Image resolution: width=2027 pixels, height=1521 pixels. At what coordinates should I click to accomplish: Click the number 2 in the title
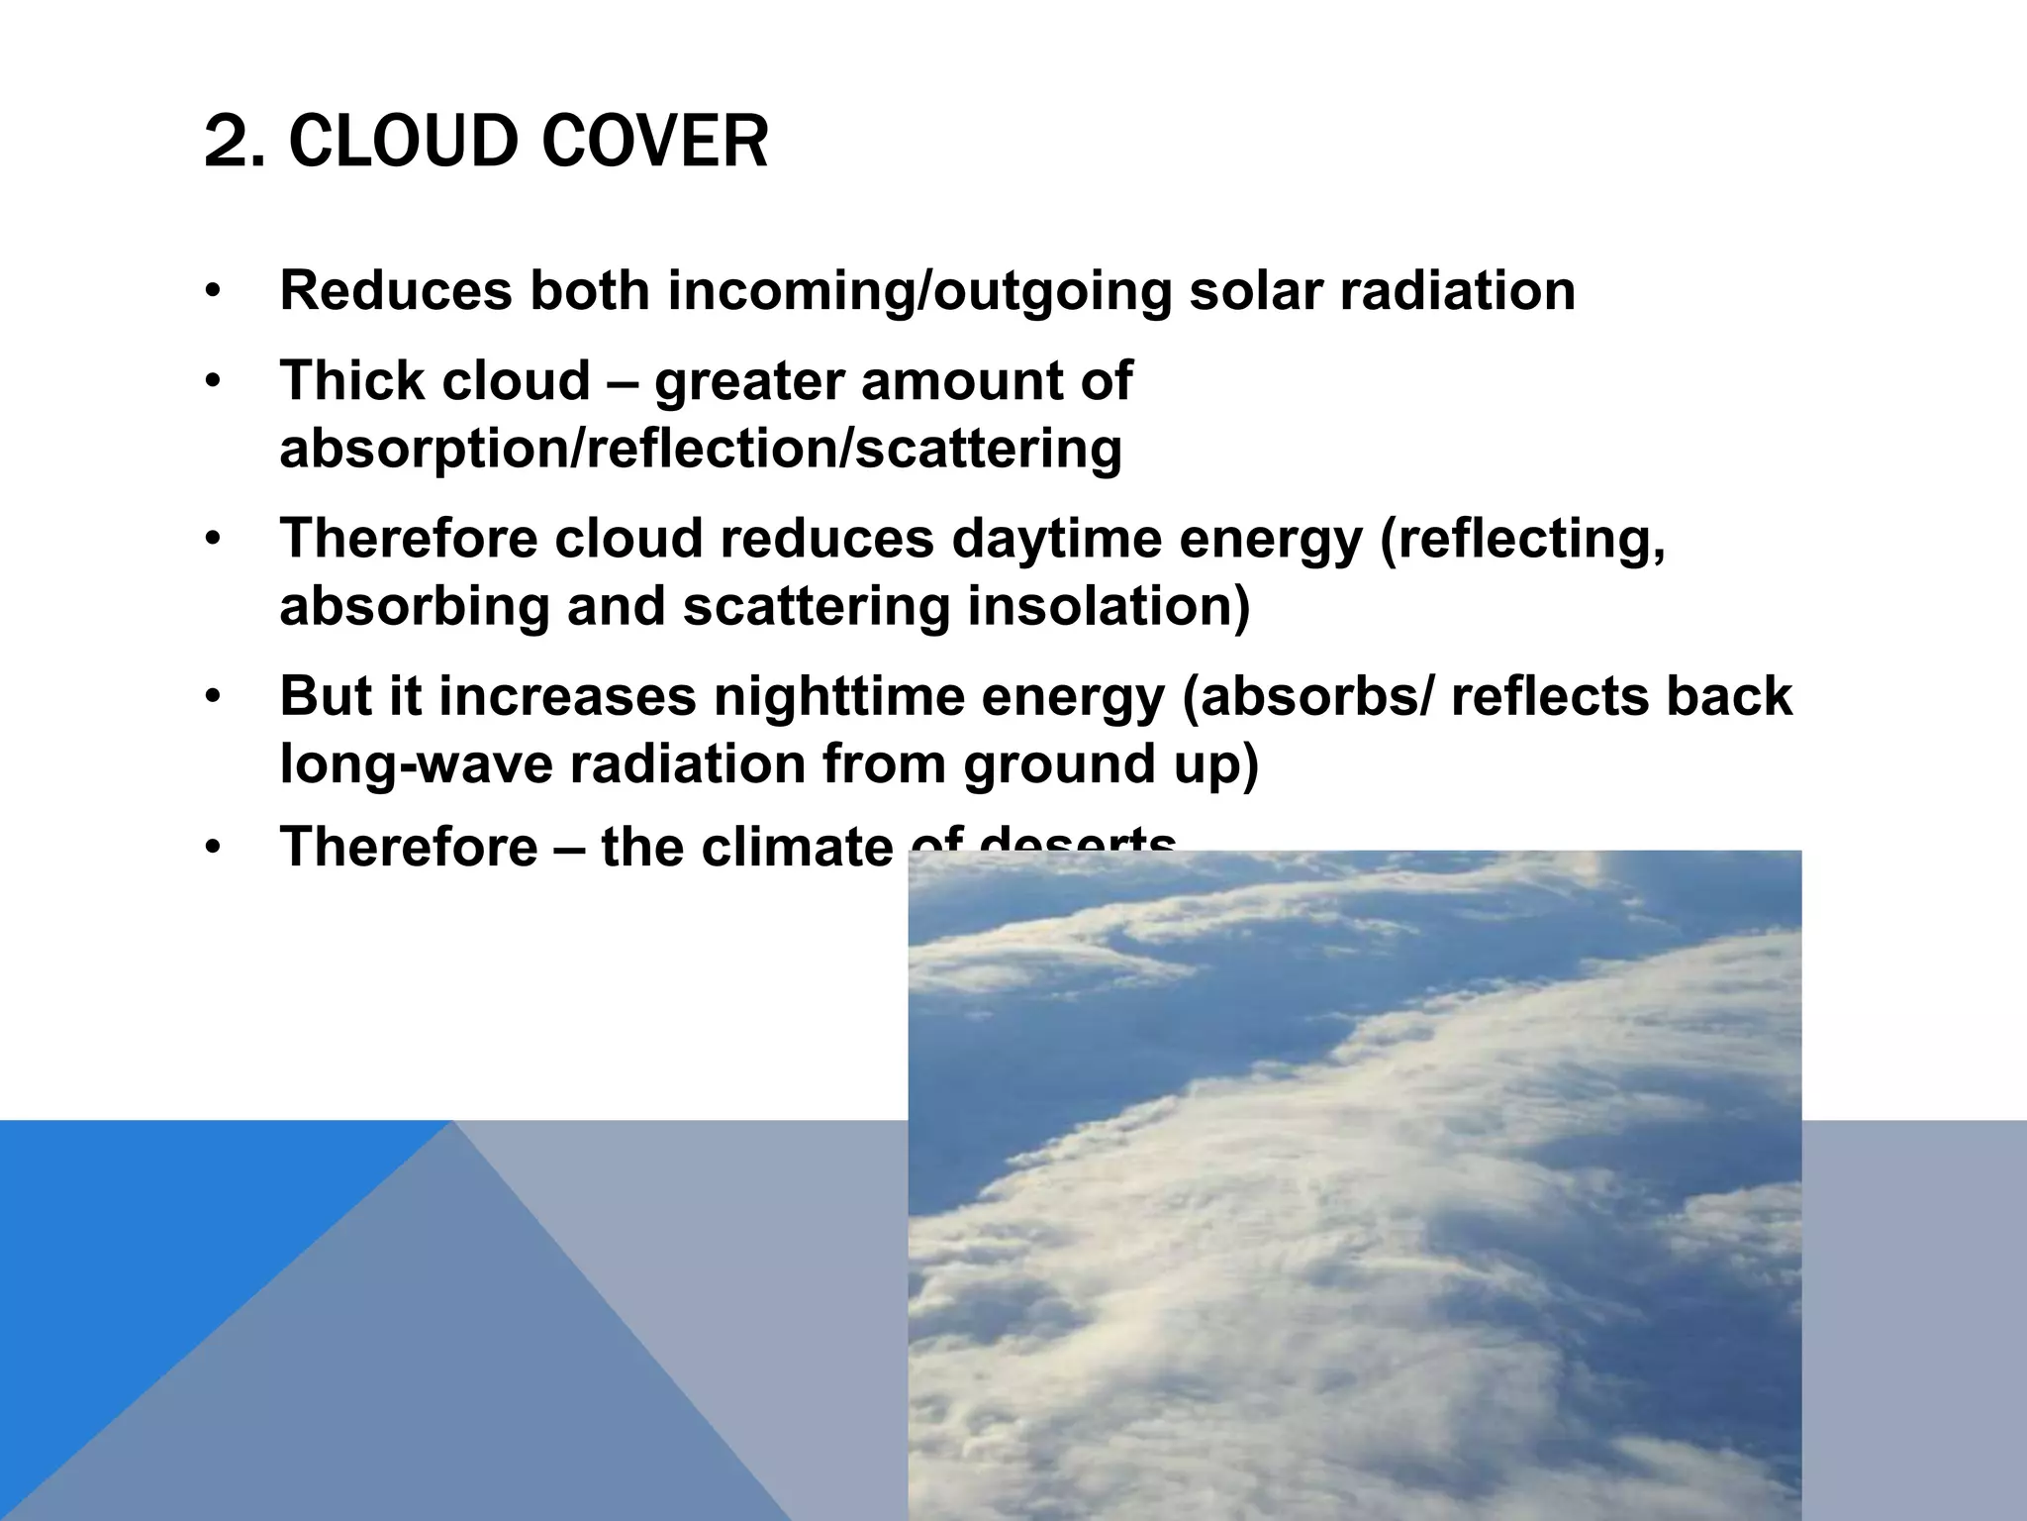pos(226,142)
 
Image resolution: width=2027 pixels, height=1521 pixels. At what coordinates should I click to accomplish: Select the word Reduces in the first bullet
pos(396,290)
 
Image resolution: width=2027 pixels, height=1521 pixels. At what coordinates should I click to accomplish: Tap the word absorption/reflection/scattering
pos(701,449)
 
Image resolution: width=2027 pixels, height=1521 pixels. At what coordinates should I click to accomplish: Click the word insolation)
pos(1109,606)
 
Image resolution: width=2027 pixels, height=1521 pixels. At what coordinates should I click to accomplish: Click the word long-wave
pos(415,764)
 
